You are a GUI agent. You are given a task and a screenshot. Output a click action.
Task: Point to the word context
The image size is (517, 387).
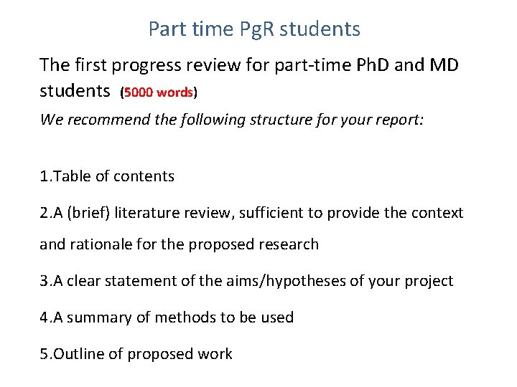tap(437, 213)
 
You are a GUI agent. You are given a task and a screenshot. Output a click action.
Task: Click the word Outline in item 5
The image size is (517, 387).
tap(78, 354)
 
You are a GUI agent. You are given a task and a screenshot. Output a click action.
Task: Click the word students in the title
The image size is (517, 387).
tap(320, 30)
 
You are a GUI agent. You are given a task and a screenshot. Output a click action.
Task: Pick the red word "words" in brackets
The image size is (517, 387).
tap(176, 93)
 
